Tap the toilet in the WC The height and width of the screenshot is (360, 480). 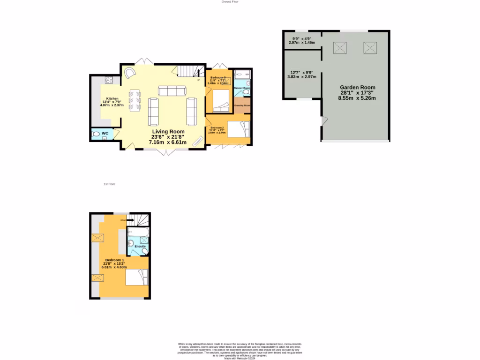click(97, 134)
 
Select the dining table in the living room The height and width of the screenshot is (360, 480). click(135, 101)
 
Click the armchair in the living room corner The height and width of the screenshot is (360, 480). click(130, 73)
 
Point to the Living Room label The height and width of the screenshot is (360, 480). click(168, 132)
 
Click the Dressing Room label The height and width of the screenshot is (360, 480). click(242, 105)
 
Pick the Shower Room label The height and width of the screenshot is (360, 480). click(242, 88)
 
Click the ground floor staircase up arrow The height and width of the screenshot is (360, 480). click(199, 80)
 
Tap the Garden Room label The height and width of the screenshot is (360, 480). click(357, 88)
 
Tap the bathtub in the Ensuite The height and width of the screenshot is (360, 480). click(137, 232)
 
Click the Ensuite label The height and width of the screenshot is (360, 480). click(140, 246)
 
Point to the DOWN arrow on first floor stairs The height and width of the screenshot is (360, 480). click(124, 219)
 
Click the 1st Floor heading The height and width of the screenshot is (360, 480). click(109, 184)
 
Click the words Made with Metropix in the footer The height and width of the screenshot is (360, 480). click(240, 358)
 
